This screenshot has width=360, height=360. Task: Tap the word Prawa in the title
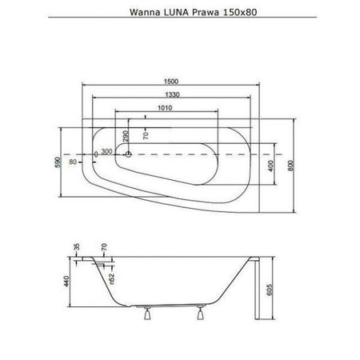(204, 12)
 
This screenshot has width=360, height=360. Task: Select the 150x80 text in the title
(239, 12)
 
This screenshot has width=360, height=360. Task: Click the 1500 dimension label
(171, 82)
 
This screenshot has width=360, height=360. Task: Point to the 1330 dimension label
(172, 94)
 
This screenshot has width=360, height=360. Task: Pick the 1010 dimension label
(165, 108)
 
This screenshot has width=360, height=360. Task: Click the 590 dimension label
(58, 162)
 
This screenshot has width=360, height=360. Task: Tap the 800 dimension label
(291, 166)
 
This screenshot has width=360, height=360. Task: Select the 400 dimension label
(270, 166)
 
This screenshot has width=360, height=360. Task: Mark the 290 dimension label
(126, 136)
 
